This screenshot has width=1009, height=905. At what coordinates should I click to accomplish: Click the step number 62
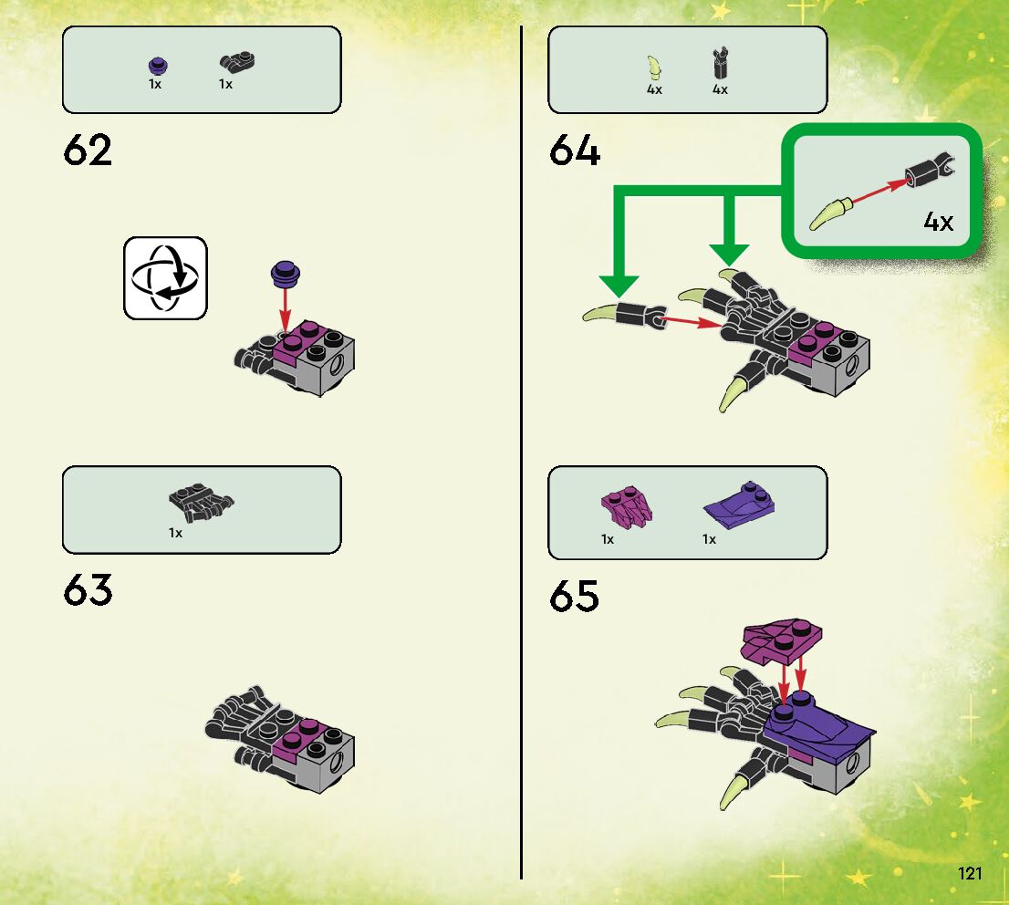coord(88,151)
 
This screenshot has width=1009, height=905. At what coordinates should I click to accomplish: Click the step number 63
coord(88,591)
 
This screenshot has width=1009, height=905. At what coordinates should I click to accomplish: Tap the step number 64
coord(575,151)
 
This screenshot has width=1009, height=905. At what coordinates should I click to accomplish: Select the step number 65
coord(575,598)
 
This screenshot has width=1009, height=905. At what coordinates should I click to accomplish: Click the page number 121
coord(970,874)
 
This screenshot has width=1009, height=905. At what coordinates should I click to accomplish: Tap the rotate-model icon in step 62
coord(165,278)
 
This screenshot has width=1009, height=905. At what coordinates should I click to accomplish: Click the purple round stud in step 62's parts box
coord(156,65)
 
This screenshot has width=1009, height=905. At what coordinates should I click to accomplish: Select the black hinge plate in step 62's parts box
coord(236,63)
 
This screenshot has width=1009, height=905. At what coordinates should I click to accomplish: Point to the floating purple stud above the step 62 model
coord(286,271)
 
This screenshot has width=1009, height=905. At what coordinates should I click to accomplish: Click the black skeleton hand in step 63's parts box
coord(201,502)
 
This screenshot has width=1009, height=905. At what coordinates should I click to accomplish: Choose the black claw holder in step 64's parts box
coord(720,64)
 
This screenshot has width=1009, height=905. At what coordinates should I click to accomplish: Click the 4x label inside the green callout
coord(938,221)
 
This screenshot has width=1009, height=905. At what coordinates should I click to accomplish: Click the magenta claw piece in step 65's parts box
coord(626,507)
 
